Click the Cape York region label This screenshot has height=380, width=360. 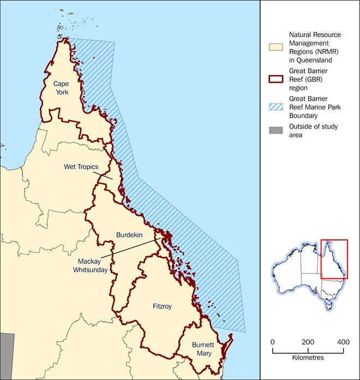(x=61, y=88)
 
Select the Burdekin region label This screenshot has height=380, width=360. (x=130, y=234)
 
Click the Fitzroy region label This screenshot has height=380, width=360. (x=163, y=306)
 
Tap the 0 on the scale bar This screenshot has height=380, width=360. (x=273, y=341)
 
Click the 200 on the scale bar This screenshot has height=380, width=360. (x=308, y=341)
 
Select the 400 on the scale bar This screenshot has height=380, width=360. (x=343, y=341)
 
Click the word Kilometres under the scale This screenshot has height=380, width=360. (x=308, y=358)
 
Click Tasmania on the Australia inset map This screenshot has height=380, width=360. (x=328, y=306)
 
